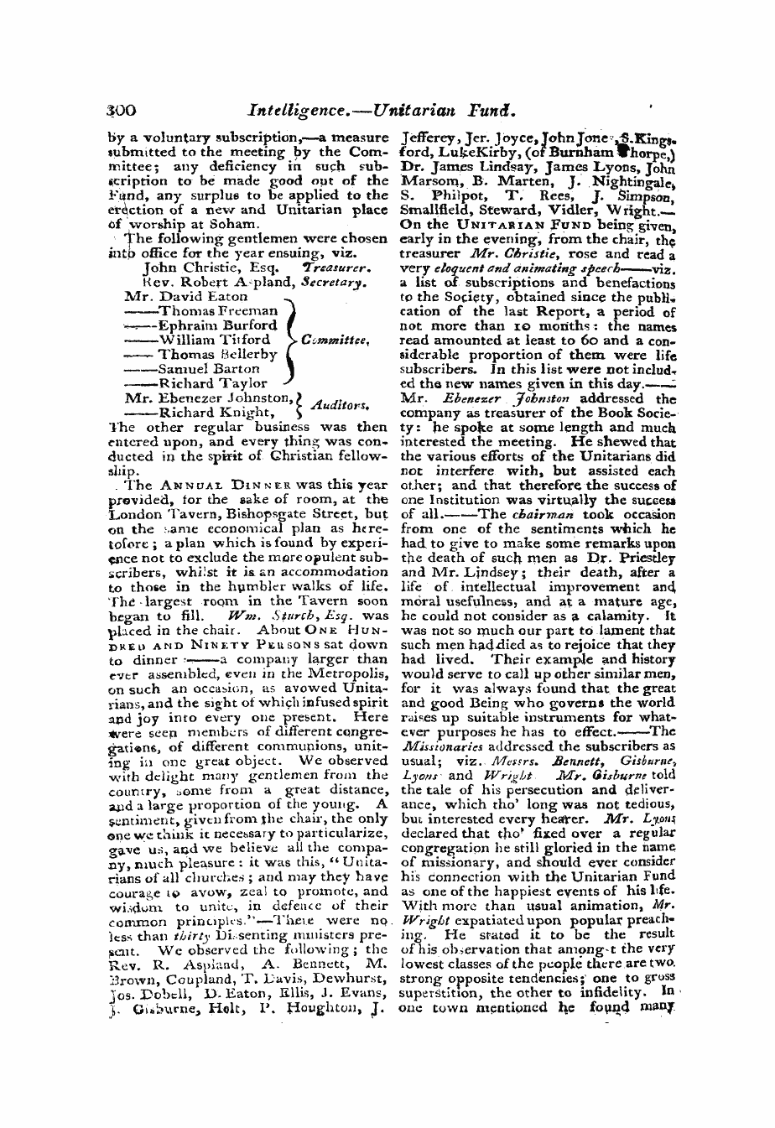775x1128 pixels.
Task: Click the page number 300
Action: coord(123,108)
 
